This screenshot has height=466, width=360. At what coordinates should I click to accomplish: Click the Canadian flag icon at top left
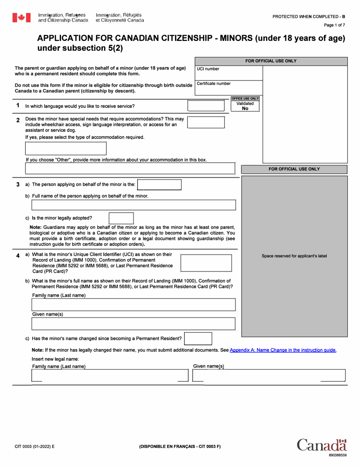(21, 17)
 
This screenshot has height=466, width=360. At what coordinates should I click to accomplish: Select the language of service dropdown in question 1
(206, 106)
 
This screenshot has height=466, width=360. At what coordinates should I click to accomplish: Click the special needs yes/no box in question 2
(206, 122)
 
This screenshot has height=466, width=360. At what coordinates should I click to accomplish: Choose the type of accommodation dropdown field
(66, 148)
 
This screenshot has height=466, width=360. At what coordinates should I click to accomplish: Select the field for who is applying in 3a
(159, 185)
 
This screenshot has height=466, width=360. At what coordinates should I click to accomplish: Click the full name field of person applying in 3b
(133, 205)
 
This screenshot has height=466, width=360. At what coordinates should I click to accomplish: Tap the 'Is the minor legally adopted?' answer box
(121, 218)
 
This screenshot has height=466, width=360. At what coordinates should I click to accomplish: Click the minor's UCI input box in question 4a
(206, 263)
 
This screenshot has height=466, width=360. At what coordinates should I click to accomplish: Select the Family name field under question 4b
(133, 305)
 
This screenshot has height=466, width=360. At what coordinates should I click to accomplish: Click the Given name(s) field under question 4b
(133, 324)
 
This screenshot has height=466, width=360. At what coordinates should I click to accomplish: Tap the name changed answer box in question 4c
(198, 338)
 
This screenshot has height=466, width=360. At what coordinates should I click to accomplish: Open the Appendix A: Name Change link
(283, 350)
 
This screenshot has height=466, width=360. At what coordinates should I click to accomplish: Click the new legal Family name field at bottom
(110, 375)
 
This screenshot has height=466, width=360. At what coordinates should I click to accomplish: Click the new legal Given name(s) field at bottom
(269, 375)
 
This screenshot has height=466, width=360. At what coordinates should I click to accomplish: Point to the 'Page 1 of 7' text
(334, 25)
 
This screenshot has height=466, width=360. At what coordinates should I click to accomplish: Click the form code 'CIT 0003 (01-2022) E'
(34, 446)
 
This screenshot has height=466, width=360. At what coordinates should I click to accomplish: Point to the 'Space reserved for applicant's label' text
(294, 256)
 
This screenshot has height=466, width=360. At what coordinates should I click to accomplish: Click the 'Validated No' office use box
(245, 106)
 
